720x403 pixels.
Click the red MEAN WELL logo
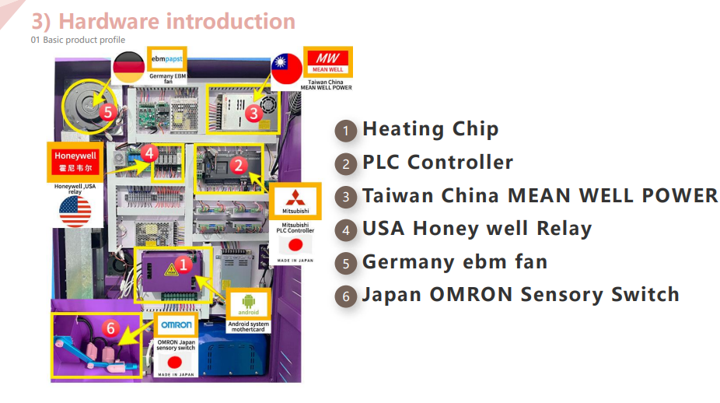tap(327, 61)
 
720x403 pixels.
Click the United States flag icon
tap(75, 211)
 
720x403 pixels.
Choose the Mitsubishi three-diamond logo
tap(295, 201)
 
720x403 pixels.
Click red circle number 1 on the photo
tap(183, 265)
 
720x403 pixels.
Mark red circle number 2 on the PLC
tap(239, 164)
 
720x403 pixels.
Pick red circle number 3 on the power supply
tap(253, 112)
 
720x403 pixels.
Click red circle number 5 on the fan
tap(108, 111)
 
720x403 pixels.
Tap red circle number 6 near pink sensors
tap(110, 329)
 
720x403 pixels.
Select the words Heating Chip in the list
tap(430, 129)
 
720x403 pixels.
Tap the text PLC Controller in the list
tap(437, 163)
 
